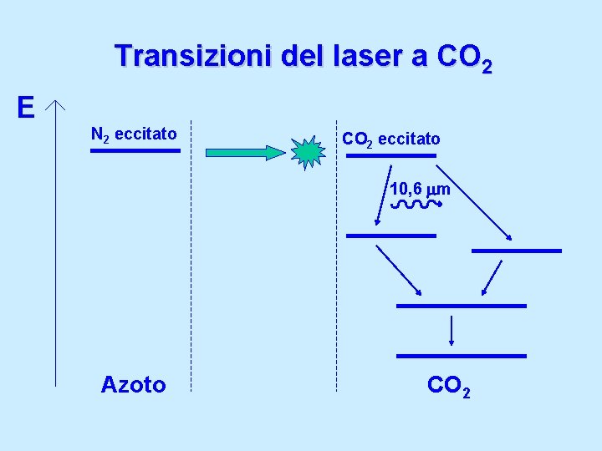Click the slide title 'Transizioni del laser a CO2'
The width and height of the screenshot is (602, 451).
[x=304, y=58]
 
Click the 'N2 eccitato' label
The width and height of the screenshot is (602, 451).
[x=133, y=134]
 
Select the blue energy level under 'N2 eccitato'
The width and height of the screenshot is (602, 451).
[x=135, y=151]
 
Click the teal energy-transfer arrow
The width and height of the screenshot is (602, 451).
[x=246, y=153]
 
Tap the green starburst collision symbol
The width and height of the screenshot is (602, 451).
[x=309, y=152]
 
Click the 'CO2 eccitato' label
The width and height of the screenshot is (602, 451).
[x=390, y=138]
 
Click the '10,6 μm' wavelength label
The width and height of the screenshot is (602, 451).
[x=420, y=190]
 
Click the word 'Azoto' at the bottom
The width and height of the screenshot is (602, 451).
[x=133, y=384]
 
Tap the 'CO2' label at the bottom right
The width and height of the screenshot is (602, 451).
[x=448, y=386]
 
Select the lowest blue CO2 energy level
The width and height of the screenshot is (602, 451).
[x=461, y=356]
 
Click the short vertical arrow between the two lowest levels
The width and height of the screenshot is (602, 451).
[x=451, y=331]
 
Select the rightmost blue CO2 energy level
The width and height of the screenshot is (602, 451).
[x=516, y=251]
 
